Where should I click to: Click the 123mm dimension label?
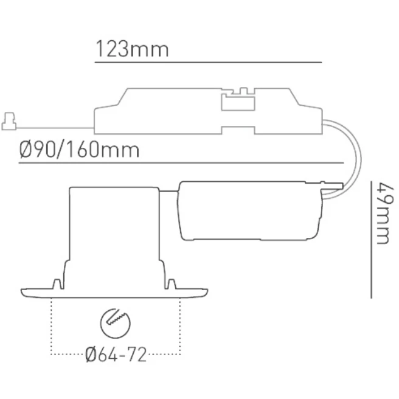pos(131,49)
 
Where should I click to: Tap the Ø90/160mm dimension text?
pos(80,149)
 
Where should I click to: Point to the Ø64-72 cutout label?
pos(116,354)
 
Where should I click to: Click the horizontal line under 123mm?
pos(207,62)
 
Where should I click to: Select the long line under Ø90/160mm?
pos(182,163)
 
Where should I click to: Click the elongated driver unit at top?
pos(207,113)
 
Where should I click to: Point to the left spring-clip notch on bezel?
pos(57,283)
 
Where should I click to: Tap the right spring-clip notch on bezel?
pos(172,283)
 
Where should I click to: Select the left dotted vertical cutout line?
pos(52,325)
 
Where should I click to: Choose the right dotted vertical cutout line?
pos(180,325)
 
